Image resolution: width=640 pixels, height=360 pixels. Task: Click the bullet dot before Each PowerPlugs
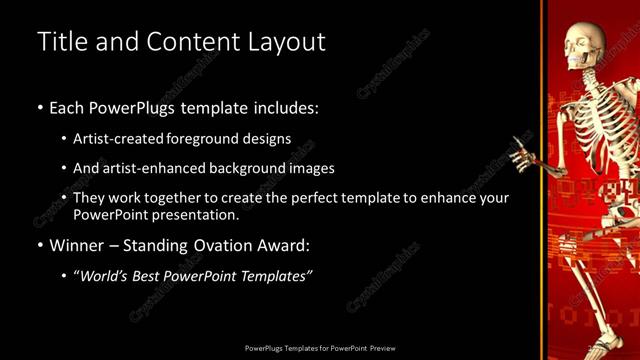tap(39, 106)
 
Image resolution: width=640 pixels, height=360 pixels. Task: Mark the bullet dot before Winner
tap(39, 245)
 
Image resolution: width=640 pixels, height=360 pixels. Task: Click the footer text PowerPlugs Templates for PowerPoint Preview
tap(320, 348)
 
